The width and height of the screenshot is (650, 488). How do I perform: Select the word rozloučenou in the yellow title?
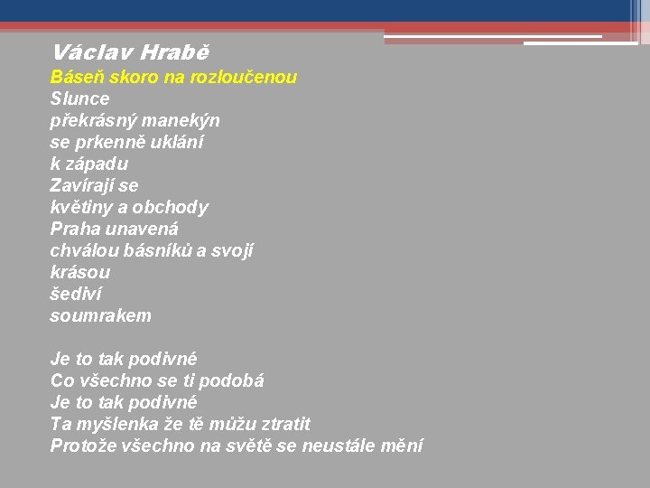pos(246,78)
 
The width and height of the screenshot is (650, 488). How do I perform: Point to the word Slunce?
pos(79,99)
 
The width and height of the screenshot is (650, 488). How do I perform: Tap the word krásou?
pos(80,272)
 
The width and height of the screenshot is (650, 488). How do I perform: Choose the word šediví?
pos(77,294)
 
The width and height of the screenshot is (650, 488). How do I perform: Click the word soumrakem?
pos(101,315)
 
